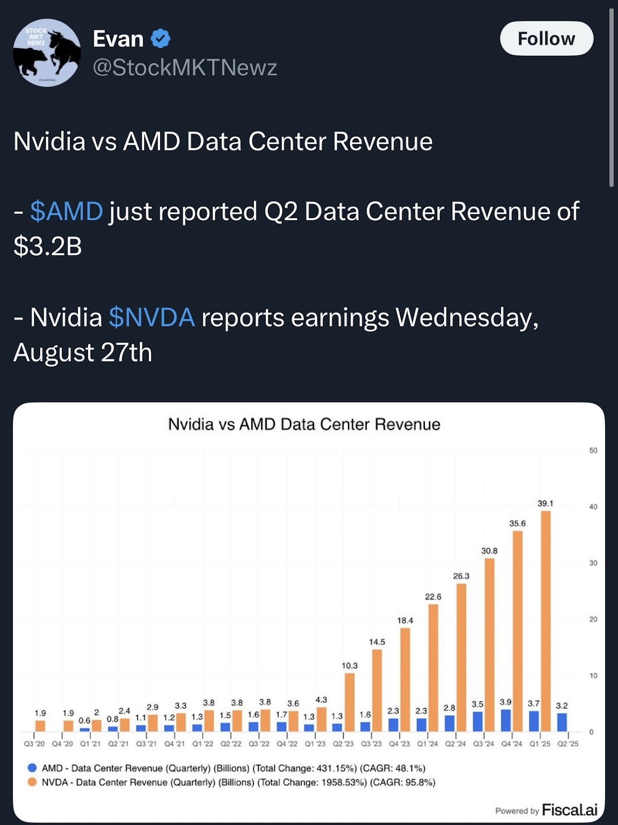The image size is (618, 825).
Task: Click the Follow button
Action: point(546,39)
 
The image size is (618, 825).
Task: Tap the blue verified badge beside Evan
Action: point(161,39)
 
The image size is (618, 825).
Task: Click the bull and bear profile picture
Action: point(47,53)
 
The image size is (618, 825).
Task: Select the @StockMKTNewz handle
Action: point(185,68)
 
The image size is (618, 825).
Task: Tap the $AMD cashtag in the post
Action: point(66,211)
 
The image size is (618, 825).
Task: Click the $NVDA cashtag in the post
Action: point(152,317)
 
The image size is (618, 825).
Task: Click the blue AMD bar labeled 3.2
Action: point(562,722)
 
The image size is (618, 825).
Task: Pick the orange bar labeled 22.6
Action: point(433,668)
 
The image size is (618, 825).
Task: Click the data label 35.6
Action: point(518,523)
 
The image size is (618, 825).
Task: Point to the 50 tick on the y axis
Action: point(593,451)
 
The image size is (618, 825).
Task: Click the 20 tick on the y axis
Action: point(593,619)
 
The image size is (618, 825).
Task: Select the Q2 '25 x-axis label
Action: point(568,744)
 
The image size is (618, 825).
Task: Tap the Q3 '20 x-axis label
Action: point(34,744)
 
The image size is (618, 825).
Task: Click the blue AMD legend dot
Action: point(32,768)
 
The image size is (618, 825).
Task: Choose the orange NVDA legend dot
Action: point(32,782)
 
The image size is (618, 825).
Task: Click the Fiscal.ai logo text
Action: point(570,810)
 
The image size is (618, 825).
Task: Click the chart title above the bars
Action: point(304,424)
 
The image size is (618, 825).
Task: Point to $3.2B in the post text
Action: point(48,246)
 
